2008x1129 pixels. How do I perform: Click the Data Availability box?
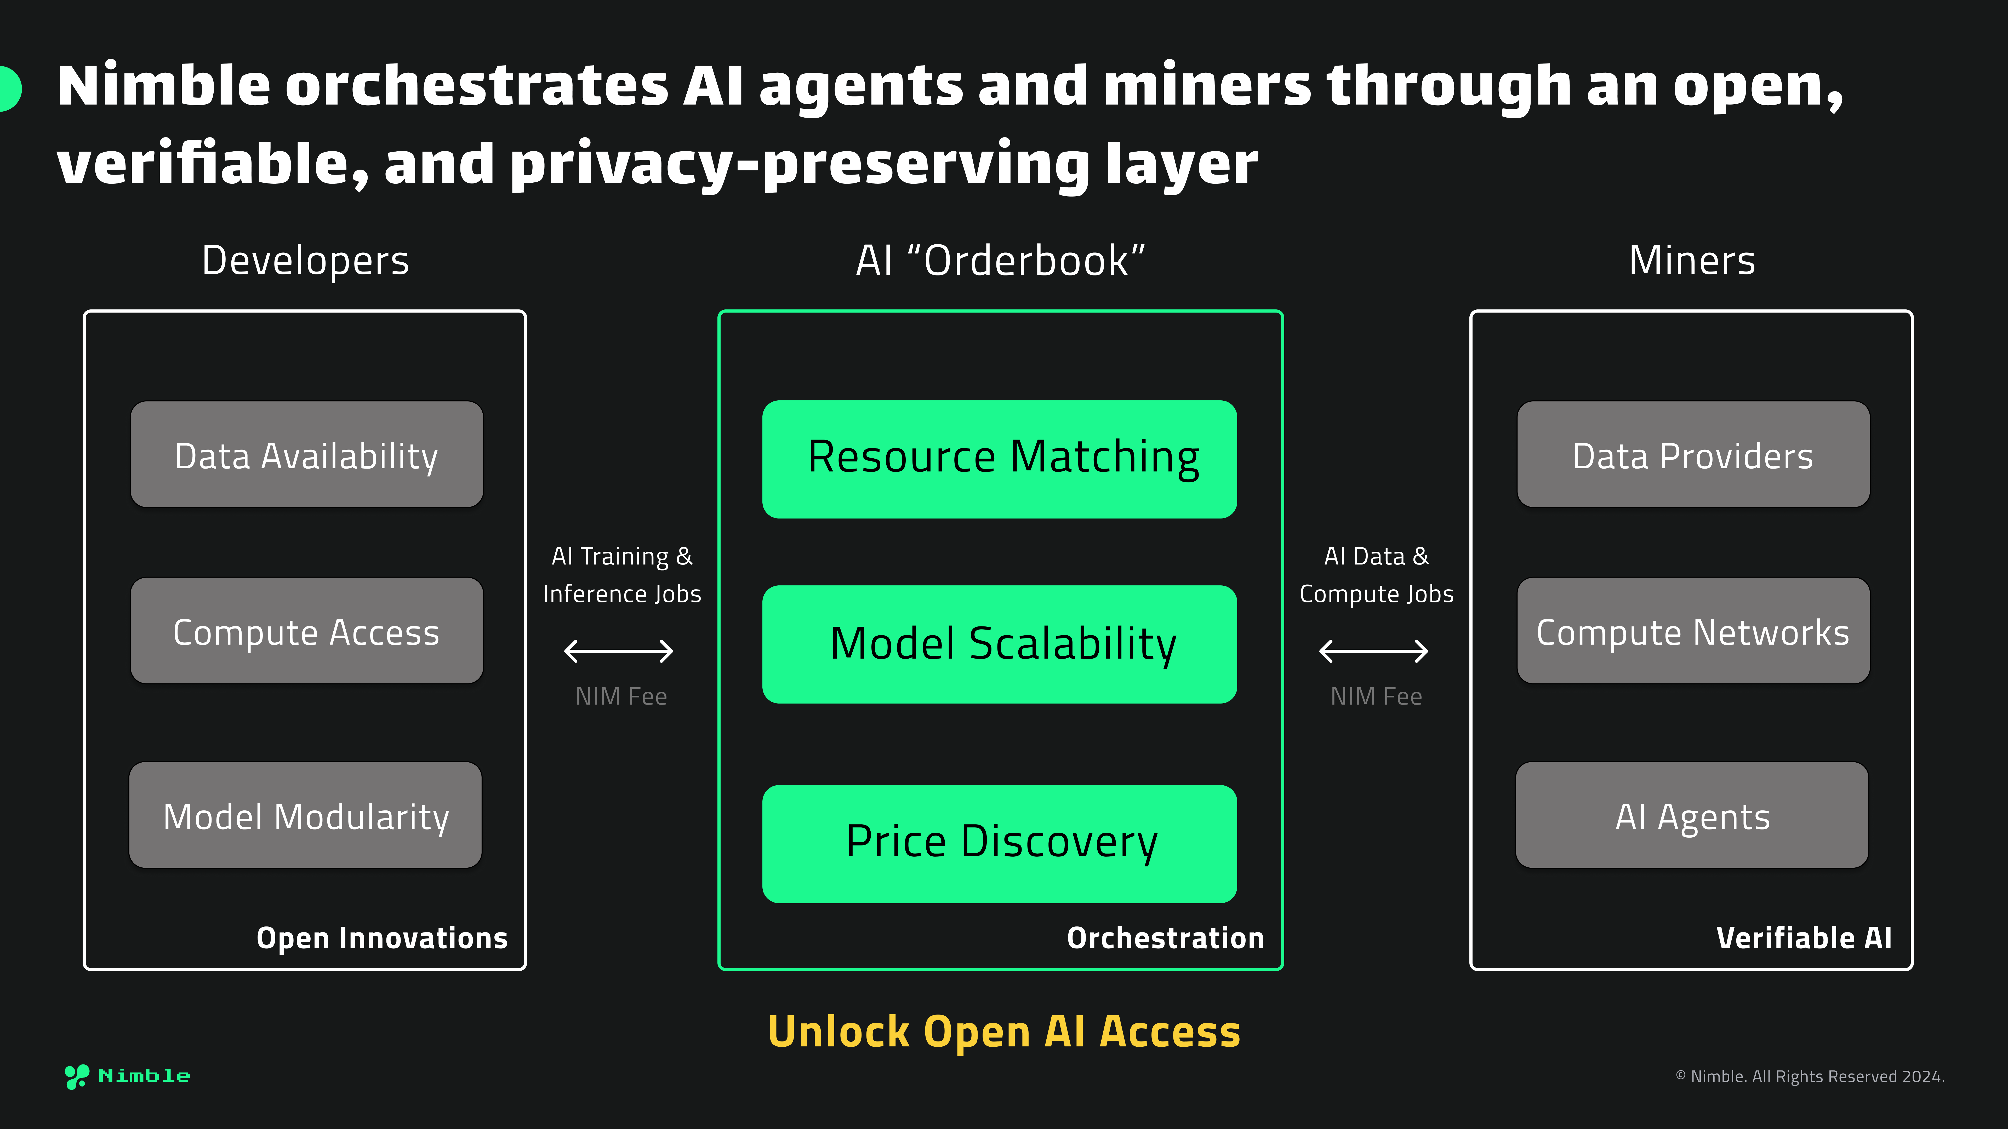(x=306, y=455)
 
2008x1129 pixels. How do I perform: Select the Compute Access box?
(x=306, y=631)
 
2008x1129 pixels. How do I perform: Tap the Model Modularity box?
(x=306, y=815)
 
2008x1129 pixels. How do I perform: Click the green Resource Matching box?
(x=999, y=459)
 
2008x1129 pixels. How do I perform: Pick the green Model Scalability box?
(x=999, y=644)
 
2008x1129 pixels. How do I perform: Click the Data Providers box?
(x=1693, y=455)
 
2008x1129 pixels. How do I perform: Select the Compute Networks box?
(x=1693, y=631)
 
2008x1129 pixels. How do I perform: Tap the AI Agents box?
(x=1692, y=815)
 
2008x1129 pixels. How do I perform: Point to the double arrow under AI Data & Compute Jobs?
(x=1373, y=650)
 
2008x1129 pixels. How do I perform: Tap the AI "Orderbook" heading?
(x=1000, y=260)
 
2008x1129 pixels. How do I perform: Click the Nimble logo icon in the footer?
(x=76, y=1076)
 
